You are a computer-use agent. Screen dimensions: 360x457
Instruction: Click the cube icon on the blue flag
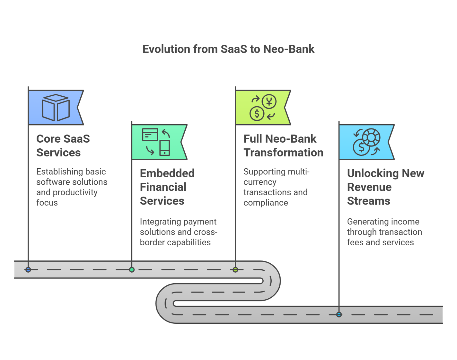click(x=56, y=107)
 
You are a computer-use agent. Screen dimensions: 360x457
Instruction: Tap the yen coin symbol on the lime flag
click(x=269, y=102)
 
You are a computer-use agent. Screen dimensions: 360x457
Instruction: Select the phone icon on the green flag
click(x=165, y=147)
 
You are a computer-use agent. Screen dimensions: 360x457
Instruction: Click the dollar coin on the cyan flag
click(x=361, y=147)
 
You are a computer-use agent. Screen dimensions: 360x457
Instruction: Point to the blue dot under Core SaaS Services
click(x=28, y=270)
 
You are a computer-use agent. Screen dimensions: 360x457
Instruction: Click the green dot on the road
click(x=132, y=270)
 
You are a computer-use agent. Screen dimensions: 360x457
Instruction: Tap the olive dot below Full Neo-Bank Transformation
click(x=235, y=270)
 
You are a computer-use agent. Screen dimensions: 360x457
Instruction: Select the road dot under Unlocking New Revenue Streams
click(x=339, y=315)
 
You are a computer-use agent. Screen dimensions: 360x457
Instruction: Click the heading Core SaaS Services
click(x=63, y=146)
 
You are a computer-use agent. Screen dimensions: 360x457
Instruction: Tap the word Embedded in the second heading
click(x=167, y=173)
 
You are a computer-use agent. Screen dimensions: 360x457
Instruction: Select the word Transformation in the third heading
click(x=283, y=153)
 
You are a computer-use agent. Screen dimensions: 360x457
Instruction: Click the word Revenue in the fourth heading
click(x=369, y=187)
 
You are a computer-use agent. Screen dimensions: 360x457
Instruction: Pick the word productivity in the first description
click(x=75, y=192)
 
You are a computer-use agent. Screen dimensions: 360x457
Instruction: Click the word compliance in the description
click(x=266, y=203)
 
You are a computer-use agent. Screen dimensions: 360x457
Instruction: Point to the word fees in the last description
click(x=355, y=242)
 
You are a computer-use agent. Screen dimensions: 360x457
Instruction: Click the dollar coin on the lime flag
click(x=257, y=114)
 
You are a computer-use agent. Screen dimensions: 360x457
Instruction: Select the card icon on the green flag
click(x=150, y=134)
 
